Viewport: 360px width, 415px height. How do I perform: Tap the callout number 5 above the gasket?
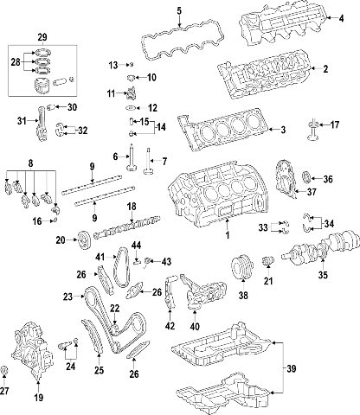point(179,10)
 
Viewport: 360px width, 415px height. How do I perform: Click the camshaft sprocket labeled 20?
point(83,240)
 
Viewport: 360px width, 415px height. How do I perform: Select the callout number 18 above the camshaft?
point(132,206)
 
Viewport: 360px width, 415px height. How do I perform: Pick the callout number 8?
point(31,163)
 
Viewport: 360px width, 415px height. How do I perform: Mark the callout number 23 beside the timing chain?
point(67,297)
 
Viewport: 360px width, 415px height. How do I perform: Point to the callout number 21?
point(267,279)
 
